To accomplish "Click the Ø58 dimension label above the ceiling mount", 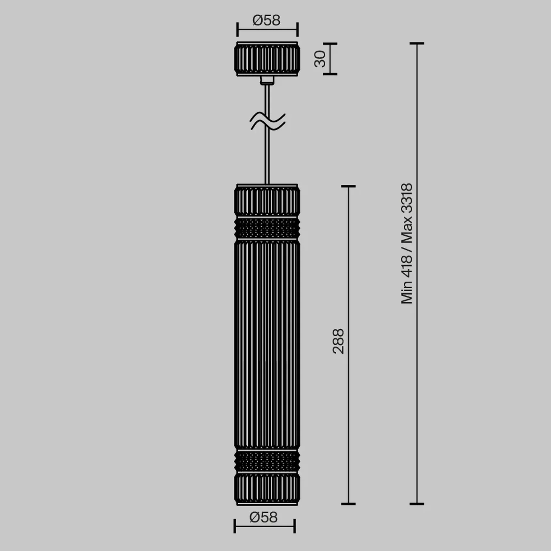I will click(x=266, y=21).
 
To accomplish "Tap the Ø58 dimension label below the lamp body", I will click(x=263, y=517).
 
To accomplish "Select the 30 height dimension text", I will click(x=320, y=59).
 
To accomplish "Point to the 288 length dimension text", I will click(x=338, y=341).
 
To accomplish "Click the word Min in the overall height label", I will click(x=407, y=292).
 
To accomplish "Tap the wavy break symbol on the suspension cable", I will click(x=267, y=121).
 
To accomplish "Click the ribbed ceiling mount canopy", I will click(x=267, y=59).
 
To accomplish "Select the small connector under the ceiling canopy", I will click(x=267, y=80).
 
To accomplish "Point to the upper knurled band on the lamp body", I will click(x=267, y=228).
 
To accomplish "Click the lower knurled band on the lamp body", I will click(x=267, y=461).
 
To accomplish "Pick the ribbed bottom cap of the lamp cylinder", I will click(x=267, y=489).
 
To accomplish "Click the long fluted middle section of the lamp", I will click(x=267, y=344).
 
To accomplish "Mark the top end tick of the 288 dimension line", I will click(x=348, y=186).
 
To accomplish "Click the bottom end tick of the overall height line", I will click(x=417, y=504).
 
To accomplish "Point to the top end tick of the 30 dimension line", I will click(x=330, y=43).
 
